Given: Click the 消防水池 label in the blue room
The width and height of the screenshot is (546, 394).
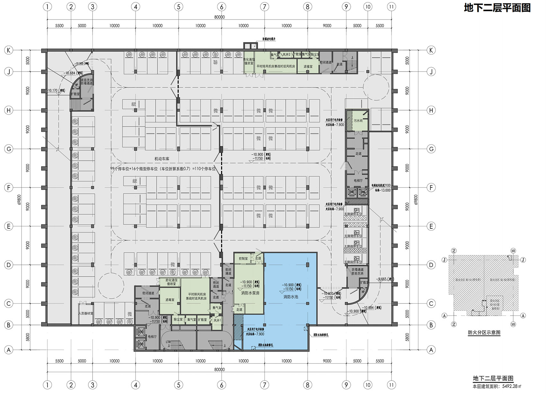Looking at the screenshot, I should (x=291, y=297).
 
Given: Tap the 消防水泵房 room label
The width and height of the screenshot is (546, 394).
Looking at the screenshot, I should (x=250, y=293).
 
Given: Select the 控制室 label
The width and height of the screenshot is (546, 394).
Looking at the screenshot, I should (x=243, y=258).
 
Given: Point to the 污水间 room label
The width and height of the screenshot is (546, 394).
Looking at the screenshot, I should (x=358, y=121).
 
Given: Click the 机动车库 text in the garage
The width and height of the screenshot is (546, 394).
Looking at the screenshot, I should (x=162, y=159).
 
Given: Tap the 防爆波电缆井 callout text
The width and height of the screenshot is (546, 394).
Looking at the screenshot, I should (x=269, y=39).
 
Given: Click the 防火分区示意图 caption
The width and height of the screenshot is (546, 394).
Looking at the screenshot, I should (x=484, y=332).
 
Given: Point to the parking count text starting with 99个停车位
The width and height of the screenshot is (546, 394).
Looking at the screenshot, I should (x=163, y=168).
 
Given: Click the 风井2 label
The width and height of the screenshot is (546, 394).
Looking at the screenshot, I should (x=286, y=55).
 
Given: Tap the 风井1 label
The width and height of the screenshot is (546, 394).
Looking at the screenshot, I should (x=217, y=320).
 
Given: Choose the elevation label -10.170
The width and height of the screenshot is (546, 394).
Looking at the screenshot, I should (x=53, y=90).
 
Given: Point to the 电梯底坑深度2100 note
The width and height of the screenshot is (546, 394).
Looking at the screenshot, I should (x=381, y=185).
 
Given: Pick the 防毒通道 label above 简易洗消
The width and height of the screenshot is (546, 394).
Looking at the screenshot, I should (x=355, y=270).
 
